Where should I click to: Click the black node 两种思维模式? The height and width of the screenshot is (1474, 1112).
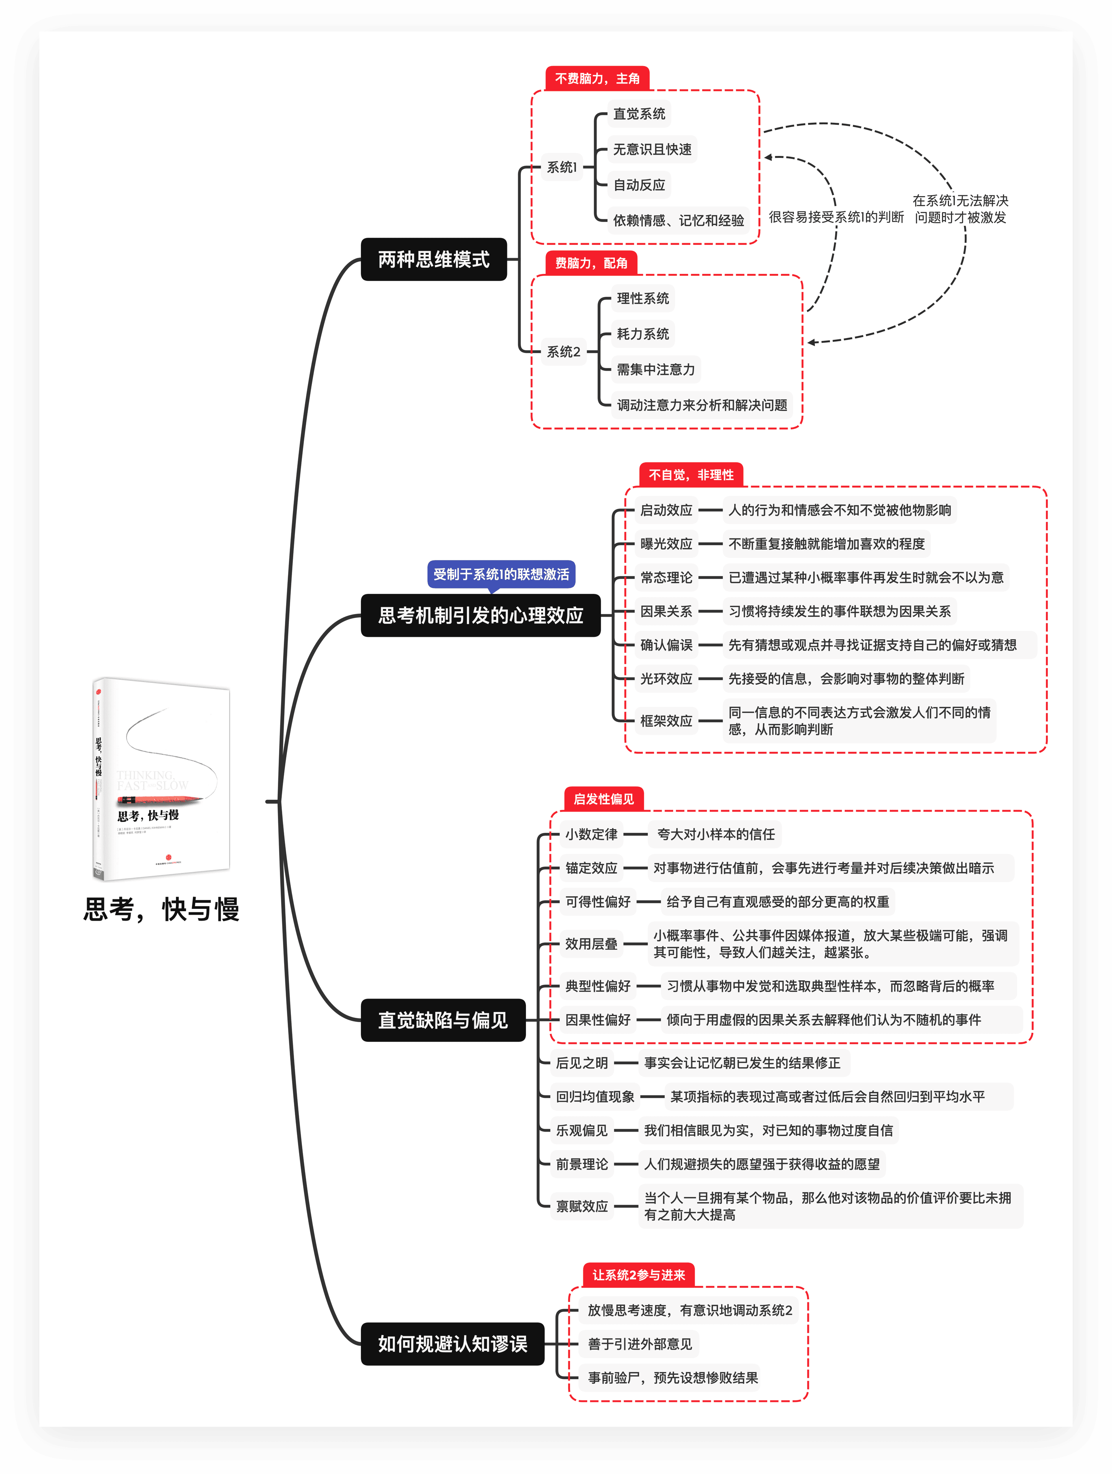pos(434,259)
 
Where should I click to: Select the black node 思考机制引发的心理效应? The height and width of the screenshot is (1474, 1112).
pos(480,615)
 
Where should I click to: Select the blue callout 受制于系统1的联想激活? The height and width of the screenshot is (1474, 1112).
pos(501,574)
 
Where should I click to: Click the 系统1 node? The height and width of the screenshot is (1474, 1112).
pos(562,167)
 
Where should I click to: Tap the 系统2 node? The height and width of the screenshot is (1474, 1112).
pos(564,352)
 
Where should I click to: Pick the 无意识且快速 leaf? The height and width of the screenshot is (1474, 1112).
pos(652,149)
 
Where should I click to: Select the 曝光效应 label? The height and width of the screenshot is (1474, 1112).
pos(666,544)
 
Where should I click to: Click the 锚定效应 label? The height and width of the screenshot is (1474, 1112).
pos(592,867)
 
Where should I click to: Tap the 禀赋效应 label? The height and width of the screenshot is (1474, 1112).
pos(582,1206)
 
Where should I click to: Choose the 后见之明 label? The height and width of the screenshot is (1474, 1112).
pos(582,1063)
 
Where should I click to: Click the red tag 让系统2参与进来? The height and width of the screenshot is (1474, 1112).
pos(638,1275)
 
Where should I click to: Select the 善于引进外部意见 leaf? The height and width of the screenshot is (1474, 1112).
pos(640,1344)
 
